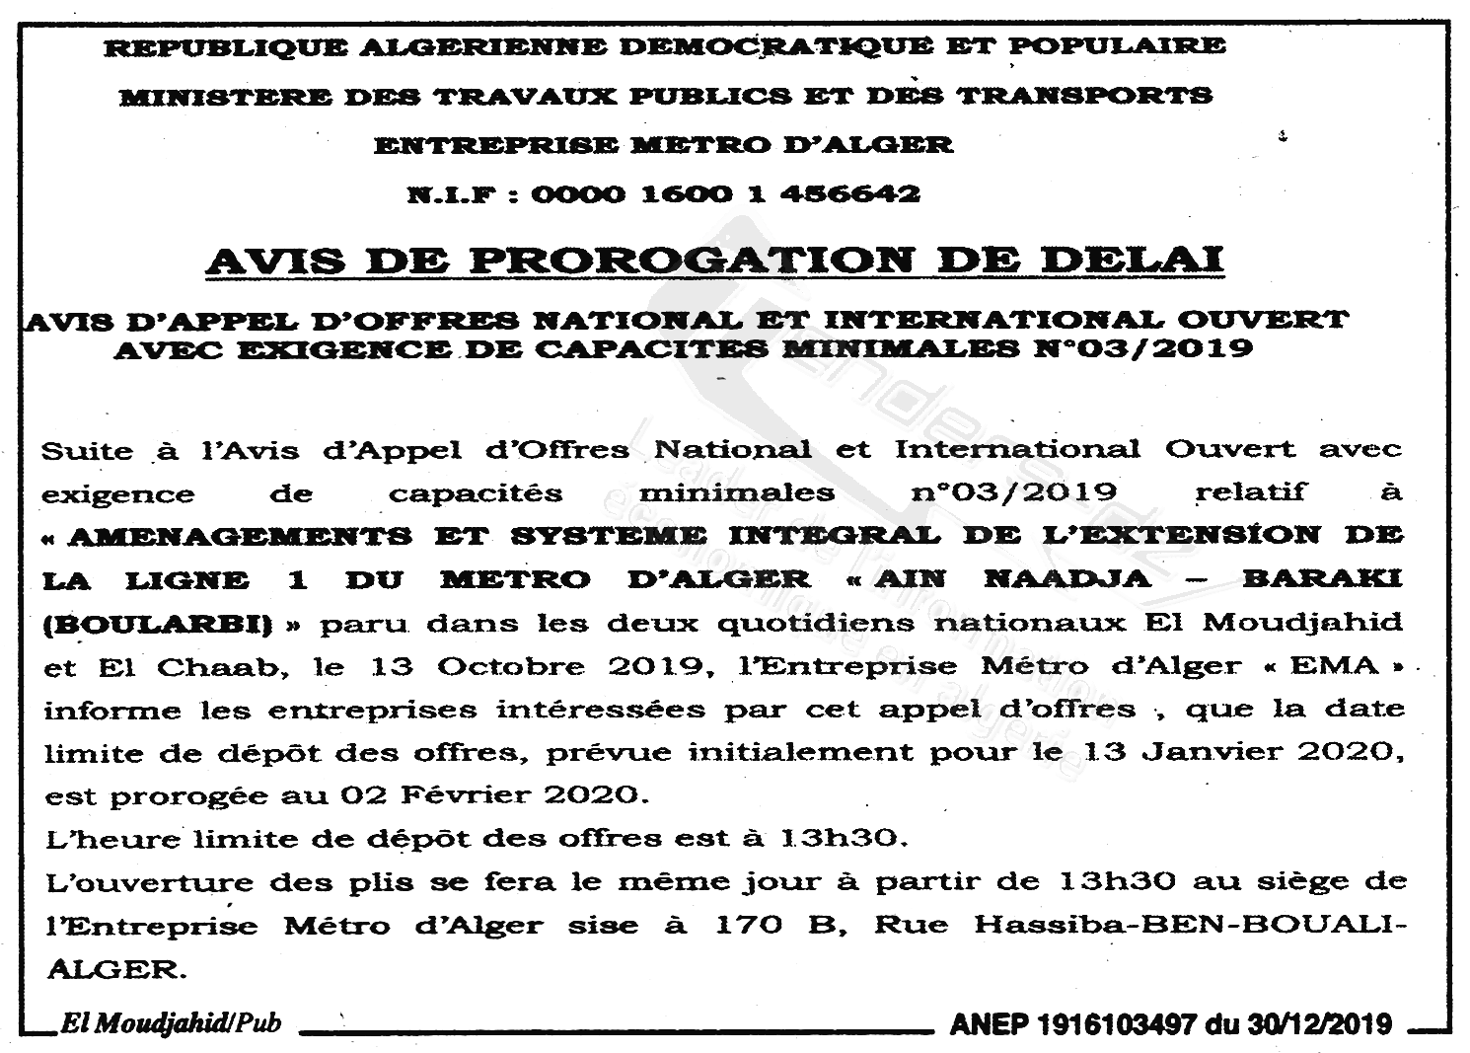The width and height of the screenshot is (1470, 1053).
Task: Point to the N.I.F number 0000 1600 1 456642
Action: [725, 193]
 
